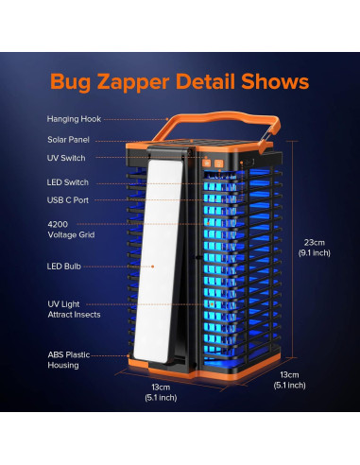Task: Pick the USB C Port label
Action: point(67,200)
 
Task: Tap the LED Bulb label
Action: point(62,267)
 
